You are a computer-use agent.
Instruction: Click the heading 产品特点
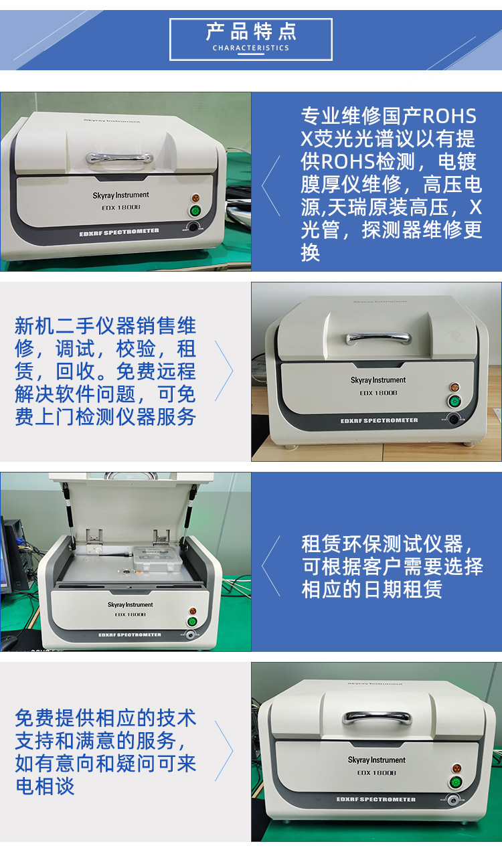point(251,31)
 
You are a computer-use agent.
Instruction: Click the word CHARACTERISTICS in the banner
point(251,48)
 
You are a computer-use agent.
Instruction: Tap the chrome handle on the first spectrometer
point(120,158)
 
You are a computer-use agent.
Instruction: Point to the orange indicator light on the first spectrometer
point(195,198)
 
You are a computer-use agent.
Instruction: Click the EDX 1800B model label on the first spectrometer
point(121,207)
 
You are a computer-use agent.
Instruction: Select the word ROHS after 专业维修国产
point(449,116)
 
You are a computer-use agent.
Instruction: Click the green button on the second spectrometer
point(454,402)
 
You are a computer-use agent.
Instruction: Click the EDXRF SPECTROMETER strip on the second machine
point(379,420)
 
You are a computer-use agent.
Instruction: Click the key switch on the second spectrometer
point(453,419)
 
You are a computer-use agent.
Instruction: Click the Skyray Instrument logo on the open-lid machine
point(130,604)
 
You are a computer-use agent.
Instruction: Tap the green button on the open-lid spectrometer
point(193,622)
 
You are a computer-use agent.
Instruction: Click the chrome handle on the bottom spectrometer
point(377,719)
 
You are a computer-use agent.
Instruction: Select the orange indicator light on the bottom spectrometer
point(456,768)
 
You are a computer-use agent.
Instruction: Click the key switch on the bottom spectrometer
point(453,800)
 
